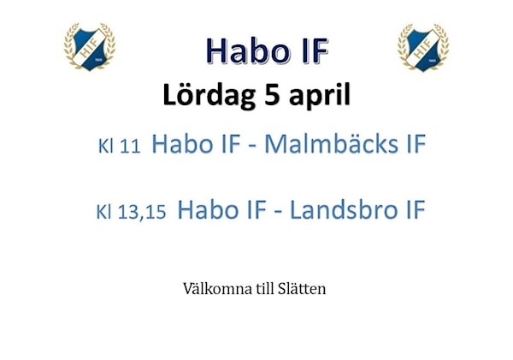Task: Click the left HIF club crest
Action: click(x=89, y=46)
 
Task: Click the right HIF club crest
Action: click(x=423, y=47)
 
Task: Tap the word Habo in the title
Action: click(x=250, y=51)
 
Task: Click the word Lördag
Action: click(x=209, y=95)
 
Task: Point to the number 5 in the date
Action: click(x=272, y=95)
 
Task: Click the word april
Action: click(x=320, y=96)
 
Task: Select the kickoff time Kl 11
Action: click(x=120, y=146)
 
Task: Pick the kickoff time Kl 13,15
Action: click(x=131, y=211)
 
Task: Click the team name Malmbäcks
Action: click(x=331, y=144)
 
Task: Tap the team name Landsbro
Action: click(x=344, y=210)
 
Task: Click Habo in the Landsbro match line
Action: click(x=208, y=210)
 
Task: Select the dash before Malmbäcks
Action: click(x=252, y=146)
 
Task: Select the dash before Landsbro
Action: click(x=278, y=212)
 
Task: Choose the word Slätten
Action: click(x=302, y=289)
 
